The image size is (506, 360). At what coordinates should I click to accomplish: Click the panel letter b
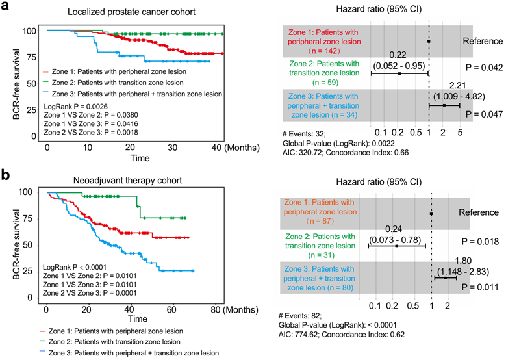click(x=6, y=176)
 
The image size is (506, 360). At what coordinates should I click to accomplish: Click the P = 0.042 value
click(x=481, y=66)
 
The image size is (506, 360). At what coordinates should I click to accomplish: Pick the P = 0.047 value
click(x=481, y=112)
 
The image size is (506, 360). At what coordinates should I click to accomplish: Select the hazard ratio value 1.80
click(x=455, y=261)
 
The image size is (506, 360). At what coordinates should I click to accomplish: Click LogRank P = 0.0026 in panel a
click(x=75, y=105)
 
